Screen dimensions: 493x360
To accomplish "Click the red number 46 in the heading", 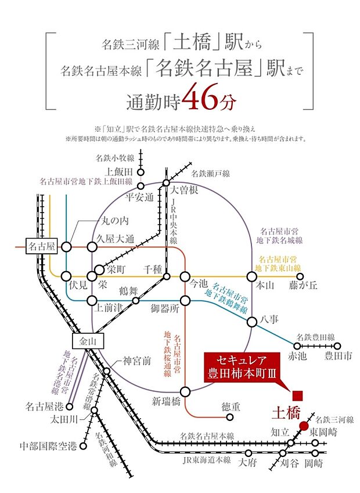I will [199, 101].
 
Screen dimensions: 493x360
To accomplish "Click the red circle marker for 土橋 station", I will [304, 426].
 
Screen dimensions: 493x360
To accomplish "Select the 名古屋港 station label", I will [41, 406].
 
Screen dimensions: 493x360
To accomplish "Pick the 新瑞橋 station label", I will [169, 402].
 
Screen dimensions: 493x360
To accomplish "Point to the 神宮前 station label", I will [138, 362].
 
